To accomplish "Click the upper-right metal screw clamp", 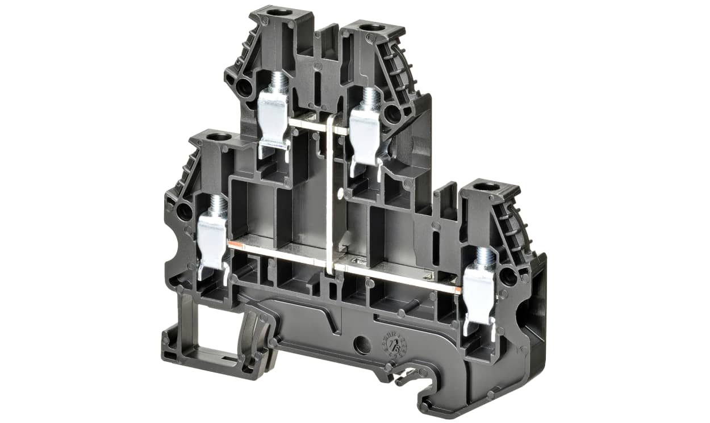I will pyautogui.click(x=364, y=131).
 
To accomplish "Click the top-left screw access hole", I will pyautogui.click(x=278, y=12).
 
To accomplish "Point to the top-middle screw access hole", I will pyautogui.click(x=372, y=27).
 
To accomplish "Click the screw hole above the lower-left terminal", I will pyautogui.click(x=218, y=137).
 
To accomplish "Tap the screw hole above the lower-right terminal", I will pyautogui.click(x=486, y=186).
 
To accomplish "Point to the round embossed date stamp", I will pyautogui.click(x=393, y=345).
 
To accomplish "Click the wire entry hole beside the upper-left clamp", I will pyautogui.click(x=243, y=87).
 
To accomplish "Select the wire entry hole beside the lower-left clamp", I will pyautogui.click(x=183, y=212).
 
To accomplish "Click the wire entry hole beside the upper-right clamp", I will pyautogui.click(x=392, y=115).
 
